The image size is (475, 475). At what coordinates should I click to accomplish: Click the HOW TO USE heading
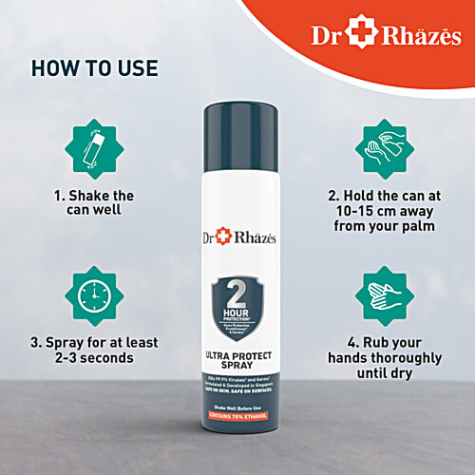(94, 69)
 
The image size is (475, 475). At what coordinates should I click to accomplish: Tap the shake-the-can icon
(94, 152)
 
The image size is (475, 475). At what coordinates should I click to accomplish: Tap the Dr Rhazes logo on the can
(238, 232)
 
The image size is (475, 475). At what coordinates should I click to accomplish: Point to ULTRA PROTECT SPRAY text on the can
(237, 359)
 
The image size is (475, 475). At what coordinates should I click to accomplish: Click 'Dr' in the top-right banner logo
(327, 35)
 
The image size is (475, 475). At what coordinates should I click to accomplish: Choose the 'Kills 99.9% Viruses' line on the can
(237, 377)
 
